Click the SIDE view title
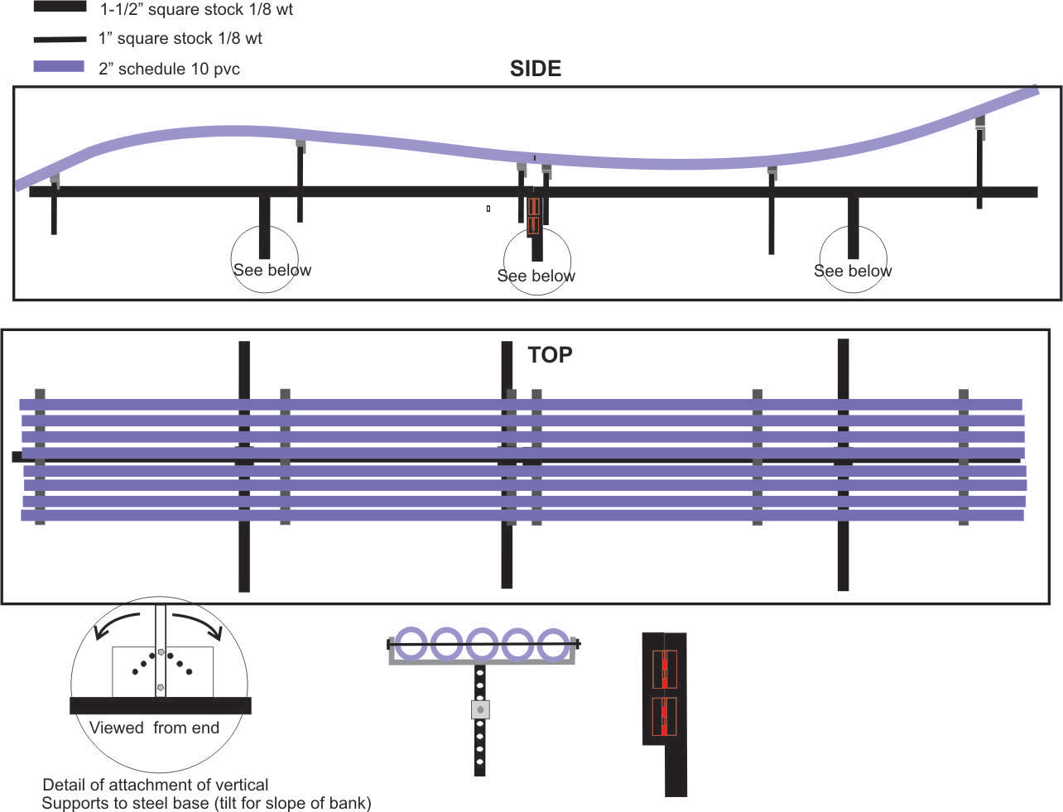point(535,69)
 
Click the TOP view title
point(550,355)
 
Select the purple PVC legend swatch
point(59,67)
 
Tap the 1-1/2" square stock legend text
point(196,10)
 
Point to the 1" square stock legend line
point(60,39)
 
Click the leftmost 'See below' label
point(272,270)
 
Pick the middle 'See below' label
point(536,276)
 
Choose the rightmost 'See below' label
point(853,271)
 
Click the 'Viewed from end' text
point(154,728)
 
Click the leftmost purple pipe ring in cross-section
point(411,644)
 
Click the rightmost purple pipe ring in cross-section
point(554,644)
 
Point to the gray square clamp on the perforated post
point(480,709)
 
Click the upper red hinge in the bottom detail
point(664,669)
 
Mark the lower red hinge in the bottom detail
point(664,717)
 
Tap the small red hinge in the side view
point(533,215)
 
